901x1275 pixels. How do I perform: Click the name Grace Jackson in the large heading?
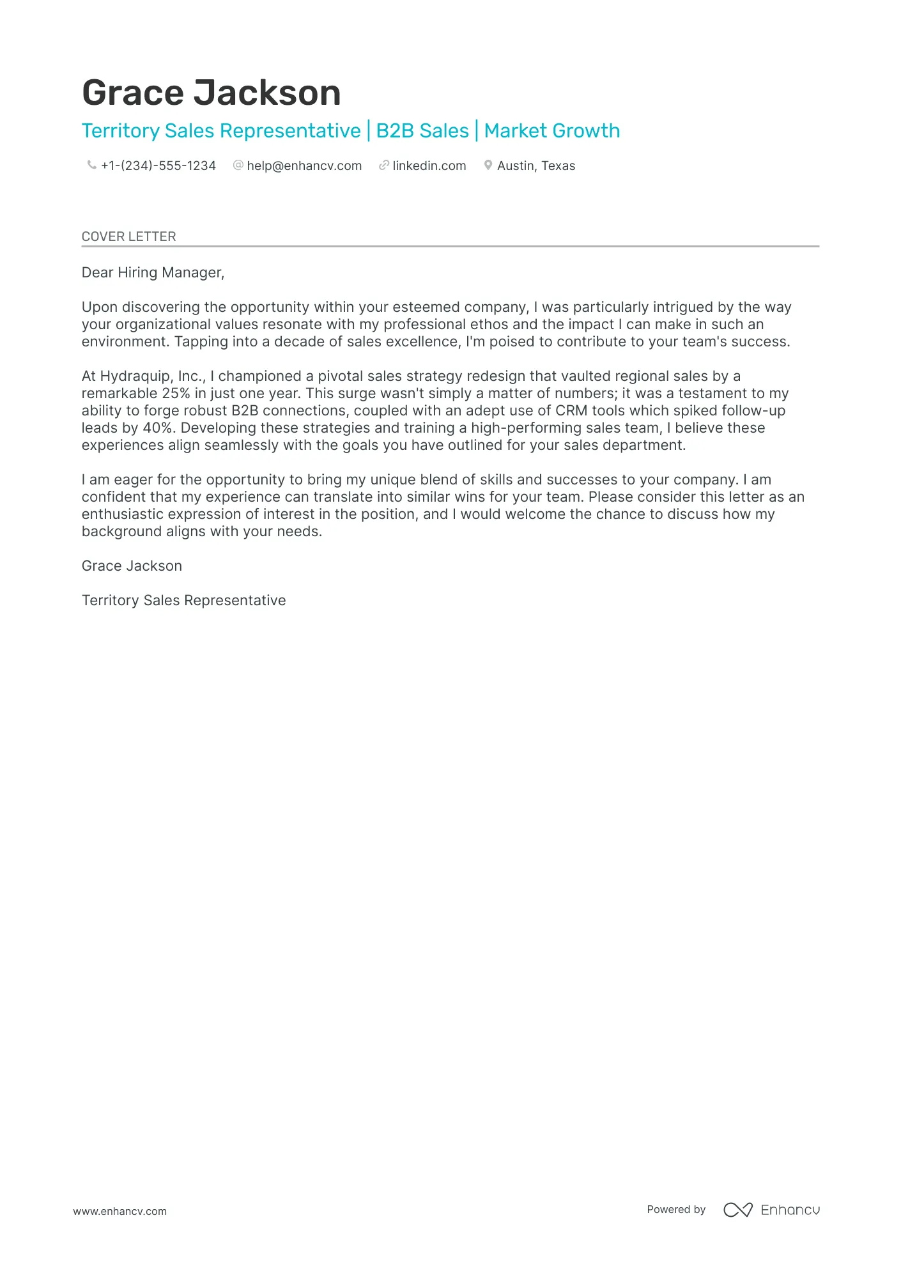point(211,93)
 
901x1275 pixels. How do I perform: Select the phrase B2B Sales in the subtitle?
point(422,131)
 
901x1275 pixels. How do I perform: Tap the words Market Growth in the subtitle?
point(551,131)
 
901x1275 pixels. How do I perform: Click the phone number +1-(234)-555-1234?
point(158,166)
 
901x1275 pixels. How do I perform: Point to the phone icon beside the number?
point(91,165)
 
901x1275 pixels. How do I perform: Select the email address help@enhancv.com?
point(304,166)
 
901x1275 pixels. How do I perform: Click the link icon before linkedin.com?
point(383,165)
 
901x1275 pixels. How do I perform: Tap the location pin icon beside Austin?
point(488,165)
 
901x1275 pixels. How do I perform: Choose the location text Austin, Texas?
point(535,166)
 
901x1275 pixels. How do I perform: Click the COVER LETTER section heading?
point(128,236)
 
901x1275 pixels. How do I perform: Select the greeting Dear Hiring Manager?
point(153,273)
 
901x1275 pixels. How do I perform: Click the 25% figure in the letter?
point(176,394)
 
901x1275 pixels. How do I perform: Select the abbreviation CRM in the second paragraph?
point(571,411)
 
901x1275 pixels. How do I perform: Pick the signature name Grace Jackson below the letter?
point(132,566)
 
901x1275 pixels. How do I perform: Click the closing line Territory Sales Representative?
point(183,601)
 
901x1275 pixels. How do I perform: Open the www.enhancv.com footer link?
point(119,1211)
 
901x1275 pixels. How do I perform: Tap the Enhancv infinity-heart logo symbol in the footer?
point(737,1210)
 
